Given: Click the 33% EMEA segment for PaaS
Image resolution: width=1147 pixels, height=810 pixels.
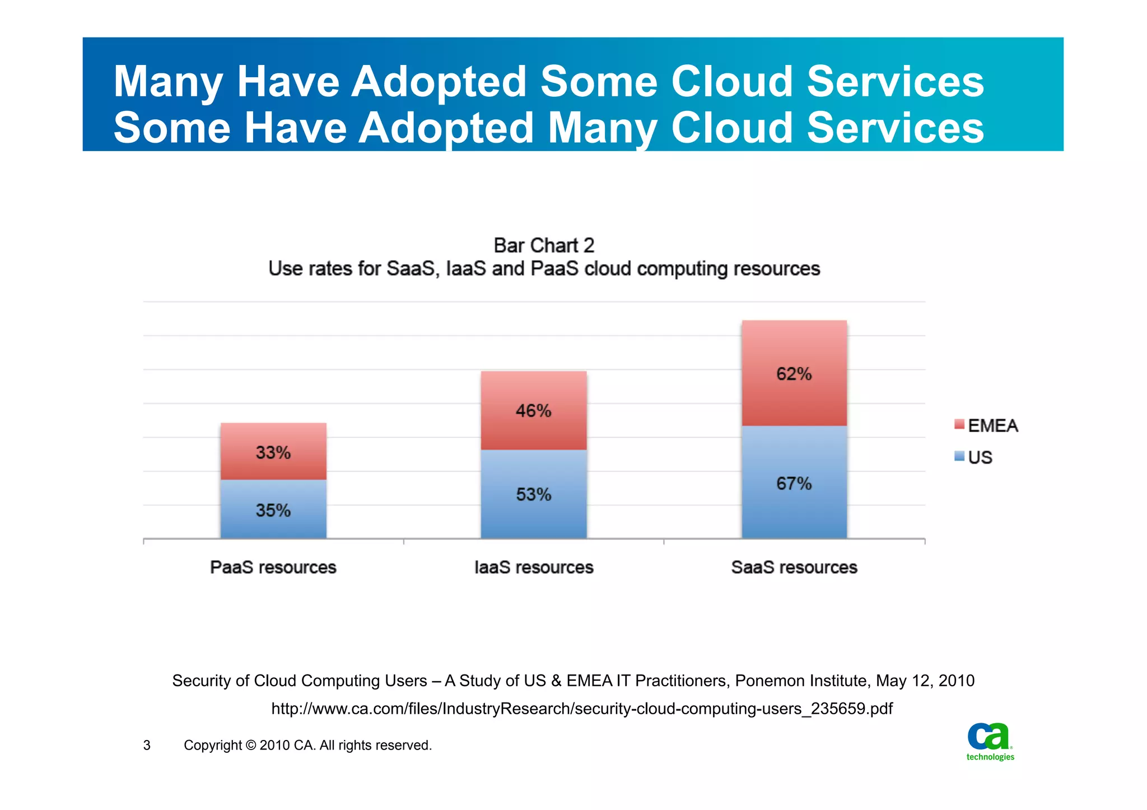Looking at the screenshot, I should tap(273, 451).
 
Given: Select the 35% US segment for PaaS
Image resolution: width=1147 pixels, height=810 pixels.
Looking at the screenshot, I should tap(273, 509).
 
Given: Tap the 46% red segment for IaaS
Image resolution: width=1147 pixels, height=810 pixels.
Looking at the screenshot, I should tap(533, 410).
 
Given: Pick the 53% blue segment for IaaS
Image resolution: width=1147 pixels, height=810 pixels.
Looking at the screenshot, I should tap(533, 494).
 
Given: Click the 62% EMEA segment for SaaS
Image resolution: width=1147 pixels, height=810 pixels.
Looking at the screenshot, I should tap(794, 373).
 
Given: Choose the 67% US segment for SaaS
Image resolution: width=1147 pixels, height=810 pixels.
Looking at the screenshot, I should tap(794, 483).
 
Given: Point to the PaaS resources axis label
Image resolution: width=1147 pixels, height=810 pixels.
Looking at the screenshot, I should tap(273, 567).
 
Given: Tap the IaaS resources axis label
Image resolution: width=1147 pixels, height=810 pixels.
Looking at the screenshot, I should tap(533, 567).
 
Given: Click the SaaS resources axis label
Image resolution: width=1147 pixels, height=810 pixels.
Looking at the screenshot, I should tap(794, 567).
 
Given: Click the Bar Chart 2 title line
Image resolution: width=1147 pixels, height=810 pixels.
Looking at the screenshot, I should tap(543, 245).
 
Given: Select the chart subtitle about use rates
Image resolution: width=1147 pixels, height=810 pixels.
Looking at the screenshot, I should tap(543, 269).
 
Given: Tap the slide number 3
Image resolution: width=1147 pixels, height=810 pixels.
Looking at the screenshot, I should tap(147, 745).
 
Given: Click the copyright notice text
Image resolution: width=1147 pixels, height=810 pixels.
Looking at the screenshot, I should tap(307, 745).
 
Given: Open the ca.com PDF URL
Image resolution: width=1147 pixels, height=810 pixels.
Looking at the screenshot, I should tap(581, 709).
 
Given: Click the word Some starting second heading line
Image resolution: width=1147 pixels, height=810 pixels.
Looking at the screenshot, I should tap(171, 128).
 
